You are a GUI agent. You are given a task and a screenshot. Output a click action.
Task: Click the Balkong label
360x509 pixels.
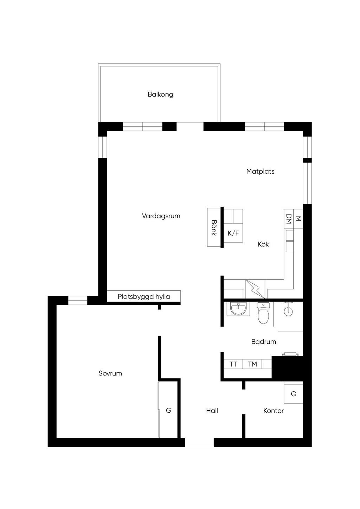160,94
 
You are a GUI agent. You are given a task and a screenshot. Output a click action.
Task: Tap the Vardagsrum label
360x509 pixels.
161,216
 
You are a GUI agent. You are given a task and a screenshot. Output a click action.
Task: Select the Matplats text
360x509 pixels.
260,171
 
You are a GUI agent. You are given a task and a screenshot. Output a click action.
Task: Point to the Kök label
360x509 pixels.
263,244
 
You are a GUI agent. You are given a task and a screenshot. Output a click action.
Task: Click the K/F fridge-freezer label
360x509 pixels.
233,233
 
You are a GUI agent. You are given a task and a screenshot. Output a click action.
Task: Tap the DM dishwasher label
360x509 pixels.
289,219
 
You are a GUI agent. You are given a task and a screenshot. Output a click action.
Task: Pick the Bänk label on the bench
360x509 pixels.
214,227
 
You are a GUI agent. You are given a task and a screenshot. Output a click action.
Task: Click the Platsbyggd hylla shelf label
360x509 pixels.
144,297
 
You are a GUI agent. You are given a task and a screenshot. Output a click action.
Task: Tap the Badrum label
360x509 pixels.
264,342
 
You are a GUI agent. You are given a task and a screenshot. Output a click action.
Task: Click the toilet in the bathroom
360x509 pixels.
263,313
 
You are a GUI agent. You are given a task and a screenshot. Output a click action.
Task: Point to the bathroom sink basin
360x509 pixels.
238,309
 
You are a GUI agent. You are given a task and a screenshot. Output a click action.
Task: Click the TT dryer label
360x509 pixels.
233,364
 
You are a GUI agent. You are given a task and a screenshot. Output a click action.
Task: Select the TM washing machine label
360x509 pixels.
252,364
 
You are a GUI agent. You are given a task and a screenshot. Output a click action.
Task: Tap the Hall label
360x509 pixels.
212,411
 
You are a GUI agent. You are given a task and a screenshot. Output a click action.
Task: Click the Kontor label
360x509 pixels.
274,411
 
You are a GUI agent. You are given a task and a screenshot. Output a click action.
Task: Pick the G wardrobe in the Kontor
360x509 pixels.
294,394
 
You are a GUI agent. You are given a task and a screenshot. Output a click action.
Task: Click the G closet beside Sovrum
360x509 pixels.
168,410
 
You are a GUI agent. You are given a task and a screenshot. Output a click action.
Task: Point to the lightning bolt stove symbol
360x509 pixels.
256,289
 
